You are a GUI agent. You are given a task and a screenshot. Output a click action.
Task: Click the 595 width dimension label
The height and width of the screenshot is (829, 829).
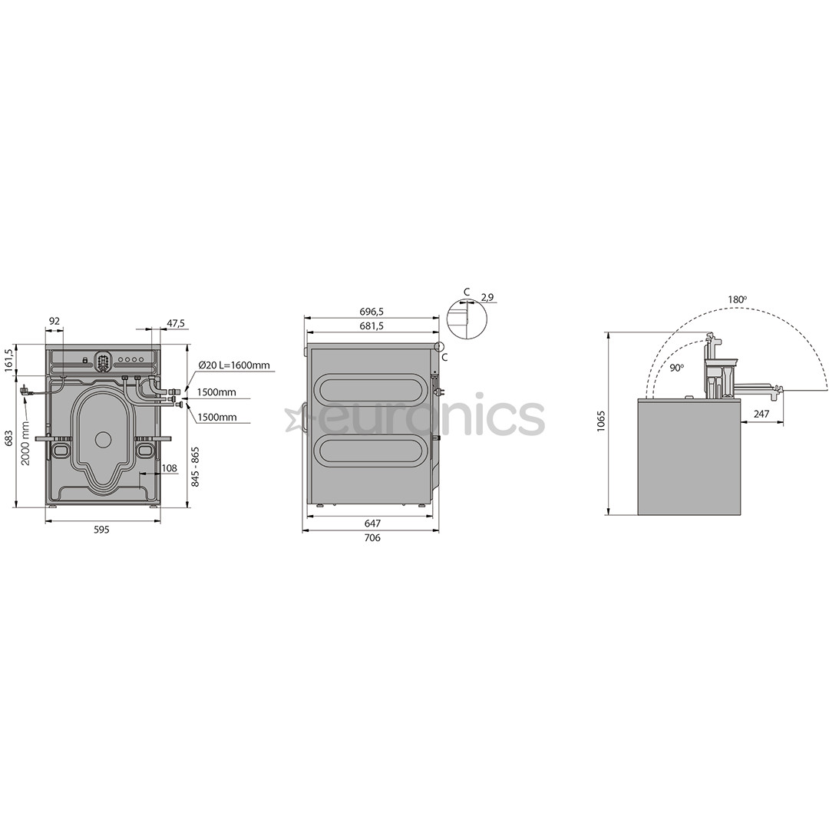102,530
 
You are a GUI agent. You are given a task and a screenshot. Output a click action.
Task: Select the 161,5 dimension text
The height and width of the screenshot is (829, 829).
8,361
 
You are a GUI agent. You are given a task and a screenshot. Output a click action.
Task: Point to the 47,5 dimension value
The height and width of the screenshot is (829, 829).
176,323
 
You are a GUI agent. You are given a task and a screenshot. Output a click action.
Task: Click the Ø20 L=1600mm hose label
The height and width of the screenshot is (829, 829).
233,365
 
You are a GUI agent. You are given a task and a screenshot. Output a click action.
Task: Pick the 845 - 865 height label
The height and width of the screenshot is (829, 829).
196,467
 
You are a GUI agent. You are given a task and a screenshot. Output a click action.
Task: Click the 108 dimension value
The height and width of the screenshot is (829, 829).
169,467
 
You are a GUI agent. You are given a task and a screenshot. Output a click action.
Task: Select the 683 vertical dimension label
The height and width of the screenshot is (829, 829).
8,438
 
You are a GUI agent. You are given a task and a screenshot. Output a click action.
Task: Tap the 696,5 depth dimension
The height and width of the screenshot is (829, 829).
371,312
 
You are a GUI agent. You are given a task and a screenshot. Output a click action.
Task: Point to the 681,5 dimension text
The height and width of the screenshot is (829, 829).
371,326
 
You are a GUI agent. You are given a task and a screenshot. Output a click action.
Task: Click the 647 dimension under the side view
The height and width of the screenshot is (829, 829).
372,523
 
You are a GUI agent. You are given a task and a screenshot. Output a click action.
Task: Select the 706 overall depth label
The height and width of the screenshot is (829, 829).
372,538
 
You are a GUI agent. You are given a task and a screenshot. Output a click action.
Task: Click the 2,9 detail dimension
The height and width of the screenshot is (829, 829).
487,296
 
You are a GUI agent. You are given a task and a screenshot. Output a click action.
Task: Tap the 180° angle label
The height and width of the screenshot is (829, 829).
738,299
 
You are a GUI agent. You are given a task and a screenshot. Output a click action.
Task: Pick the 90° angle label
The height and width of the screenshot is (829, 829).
676,368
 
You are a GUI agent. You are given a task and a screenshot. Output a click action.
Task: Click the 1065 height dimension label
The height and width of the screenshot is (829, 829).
600,421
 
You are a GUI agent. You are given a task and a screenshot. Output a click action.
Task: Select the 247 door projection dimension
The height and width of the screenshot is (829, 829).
762,414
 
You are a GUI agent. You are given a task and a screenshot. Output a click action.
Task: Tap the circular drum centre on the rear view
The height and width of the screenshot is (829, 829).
102,438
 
